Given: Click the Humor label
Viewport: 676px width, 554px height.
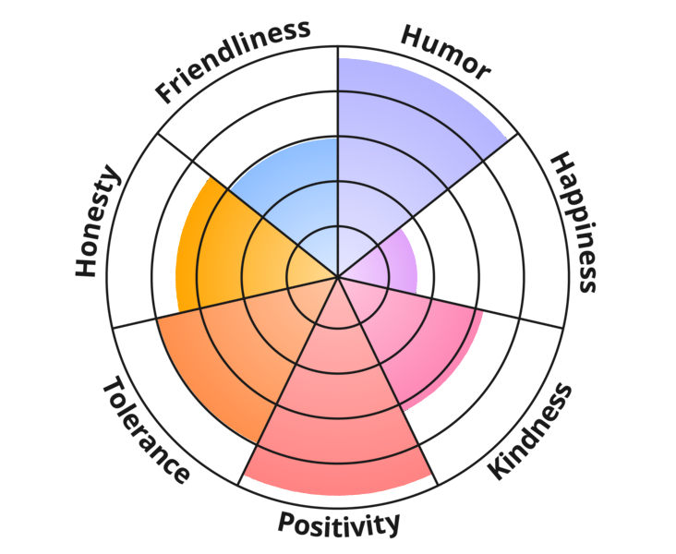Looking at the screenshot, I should click(x=444, y=52).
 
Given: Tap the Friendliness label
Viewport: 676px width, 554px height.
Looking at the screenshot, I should click(x=232, y=60).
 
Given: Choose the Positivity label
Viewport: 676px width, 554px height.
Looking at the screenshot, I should click(x=340, y=525).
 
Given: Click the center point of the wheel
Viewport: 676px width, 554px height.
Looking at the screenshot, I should click(x=338, y=276).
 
